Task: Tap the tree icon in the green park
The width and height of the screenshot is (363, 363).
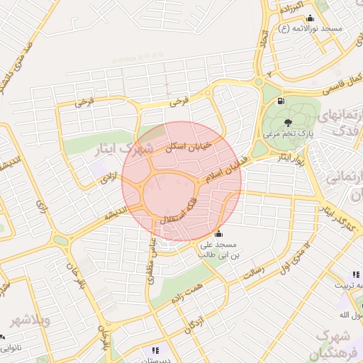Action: pyautogui.click(x=307, y=123)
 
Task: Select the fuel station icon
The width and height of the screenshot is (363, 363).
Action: pyautogui.click(x=281, y=101)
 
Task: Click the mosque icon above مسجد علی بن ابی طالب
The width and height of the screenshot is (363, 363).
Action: pyautogui.click(x=218, y=235)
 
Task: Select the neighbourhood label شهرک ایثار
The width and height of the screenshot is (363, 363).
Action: pyautogui.click(x=128, y=150)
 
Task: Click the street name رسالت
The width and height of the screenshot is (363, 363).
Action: pyautogui.click(x=253, y=272)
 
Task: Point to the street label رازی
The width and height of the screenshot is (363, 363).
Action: pyautogui.click(x=39, y=207)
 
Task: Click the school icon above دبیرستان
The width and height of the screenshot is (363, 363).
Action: pyautogui.click(x=155, y=350)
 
